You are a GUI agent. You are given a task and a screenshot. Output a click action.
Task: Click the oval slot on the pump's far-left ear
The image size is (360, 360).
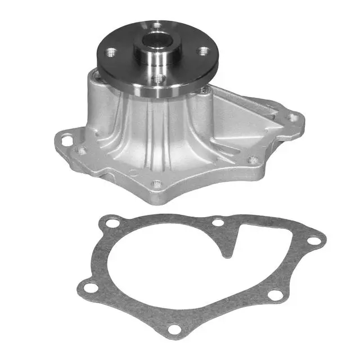(67, 139)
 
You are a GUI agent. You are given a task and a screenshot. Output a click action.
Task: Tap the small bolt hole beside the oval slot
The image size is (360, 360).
(83, 150)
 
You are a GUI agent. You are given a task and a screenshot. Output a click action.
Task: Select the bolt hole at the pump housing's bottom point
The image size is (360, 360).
(157, 184)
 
